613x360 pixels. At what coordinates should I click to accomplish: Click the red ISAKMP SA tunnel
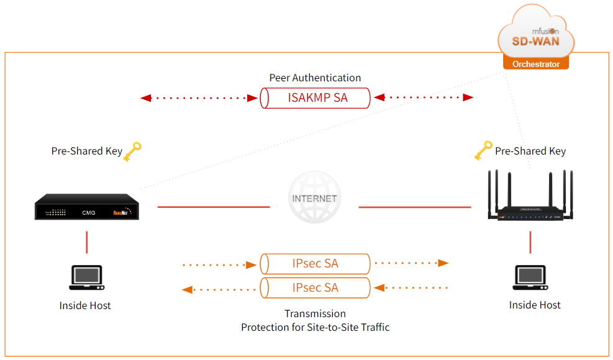315,98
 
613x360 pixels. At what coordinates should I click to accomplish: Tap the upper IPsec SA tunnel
315,264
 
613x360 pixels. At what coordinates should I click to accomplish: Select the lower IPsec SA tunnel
315,288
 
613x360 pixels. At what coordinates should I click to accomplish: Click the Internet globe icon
315,198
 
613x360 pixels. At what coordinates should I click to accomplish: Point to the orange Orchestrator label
535,64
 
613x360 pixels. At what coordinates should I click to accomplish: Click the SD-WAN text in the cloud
535,42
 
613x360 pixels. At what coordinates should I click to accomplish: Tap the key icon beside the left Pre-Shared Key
132,151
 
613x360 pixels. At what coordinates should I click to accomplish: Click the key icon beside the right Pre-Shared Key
483,150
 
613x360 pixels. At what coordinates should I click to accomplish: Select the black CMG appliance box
87,207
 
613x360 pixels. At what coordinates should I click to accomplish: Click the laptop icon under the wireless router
531,277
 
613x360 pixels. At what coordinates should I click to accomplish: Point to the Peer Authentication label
315,78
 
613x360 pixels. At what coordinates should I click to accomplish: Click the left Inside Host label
85,305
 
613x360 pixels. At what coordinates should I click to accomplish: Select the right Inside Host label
535,305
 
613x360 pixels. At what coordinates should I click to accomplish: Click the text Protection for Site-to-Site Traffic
315,326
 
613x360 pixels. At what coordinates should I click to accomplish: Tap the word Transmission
315,313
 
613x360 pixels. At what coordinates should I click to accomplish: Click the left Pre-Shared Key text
86,151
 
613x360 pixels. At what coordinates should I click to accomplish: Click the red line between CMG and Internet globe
214,207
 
